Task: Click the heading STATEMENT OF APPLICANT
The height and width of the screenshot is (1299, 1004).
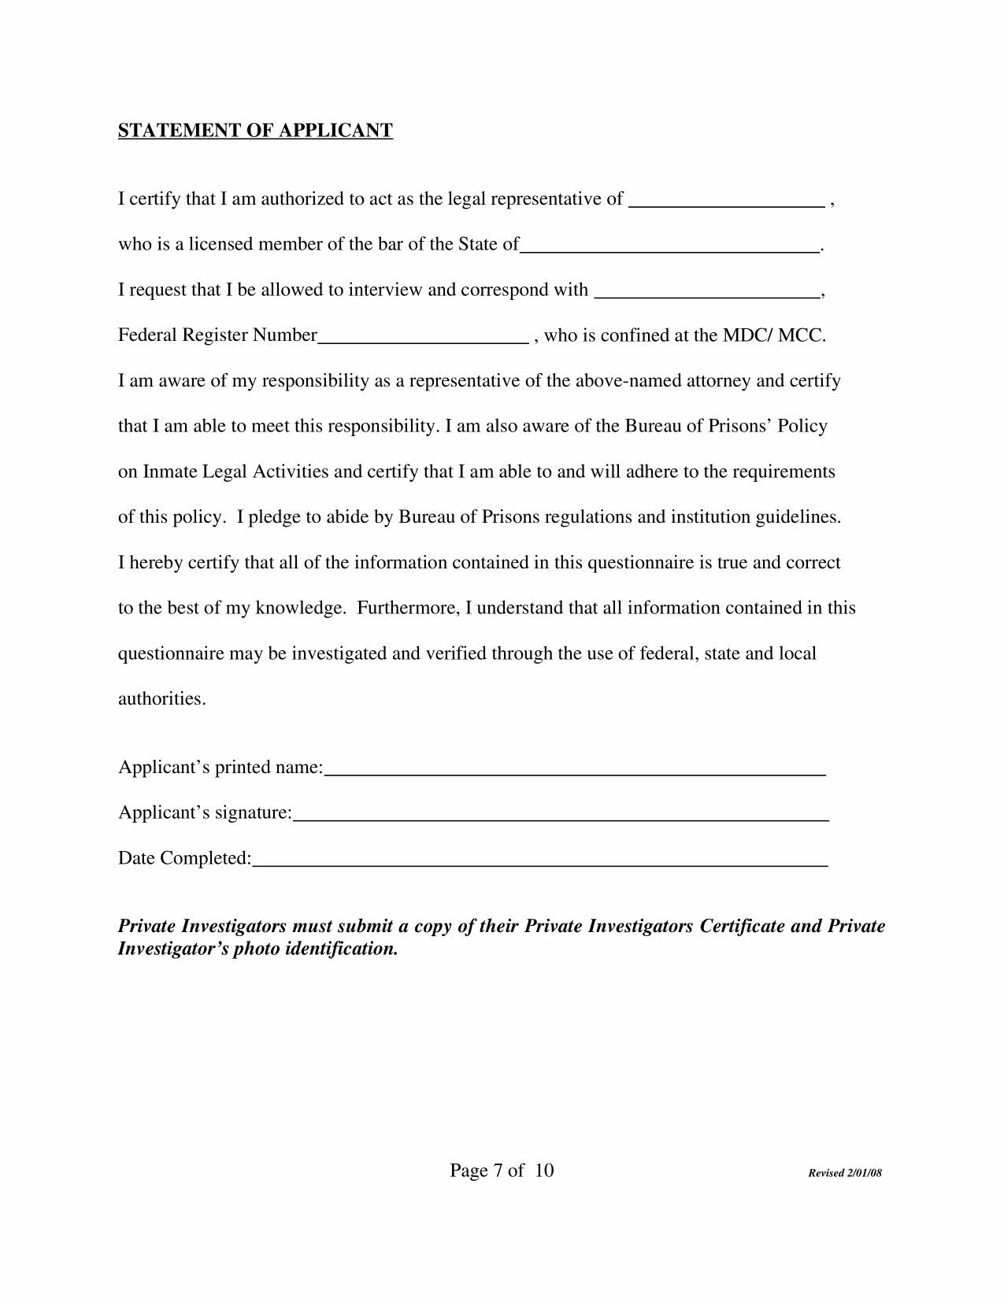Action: [x=255, y=131]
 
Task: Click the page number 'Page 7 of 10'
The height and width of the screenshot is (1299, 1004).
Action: [x=502, y=1171]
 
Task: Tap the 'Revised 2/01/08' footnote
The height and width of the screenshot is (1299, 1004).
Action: [x=845, y=1173]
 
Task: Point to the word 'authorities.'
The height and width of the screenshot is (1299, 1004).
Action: [x=162, y=699]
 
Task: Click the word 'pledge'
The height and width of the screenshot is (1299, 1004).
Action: [x=274, y=518]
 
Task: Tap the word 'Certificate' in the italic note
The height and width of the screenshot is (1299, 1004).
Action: [x=741, y=927]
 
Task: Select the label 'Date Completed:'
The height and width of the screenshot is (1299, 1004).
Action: [x=185, y=858]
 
